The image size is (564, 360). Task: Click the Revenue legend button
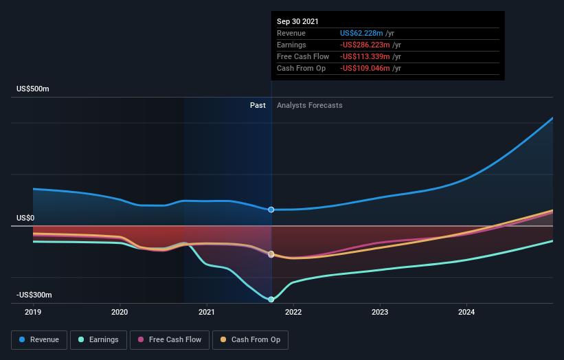(x=40, y=339)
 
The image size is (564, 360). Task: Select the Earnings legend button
(x=98, y=339)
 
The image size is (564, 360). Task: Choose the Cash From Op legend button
(x=250, y=339)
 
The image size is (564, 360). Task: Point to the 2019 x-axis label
(x=33, y=312)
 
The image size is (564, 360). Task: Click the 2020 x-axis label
(x=120, y=312)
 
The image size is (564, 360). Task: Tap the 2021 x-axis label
(x=207, y=312)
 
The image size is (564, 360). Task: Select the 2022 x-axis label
(x=293, y=312)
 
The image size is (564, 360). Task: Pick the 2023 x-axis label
(x=380, y=312)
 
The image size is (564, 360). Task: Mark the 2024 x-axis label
(x=466, y=312)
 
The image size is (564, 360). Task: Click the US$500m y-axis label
(x=33, y=89)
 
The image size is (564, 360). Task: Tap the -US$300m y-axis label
(x=34, y=295)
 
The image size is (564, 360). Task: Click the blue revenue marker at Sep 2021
(x=271, y=210)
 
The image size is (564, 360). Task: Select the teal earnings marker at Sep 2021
(x=271, y=300)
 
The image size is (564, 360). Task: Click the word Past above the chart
(x=258, y=105)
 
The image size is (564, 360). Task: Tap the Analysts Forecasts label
(x=309, y=105)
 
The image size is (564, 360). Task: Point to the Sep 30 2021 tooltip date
(x=297, y=22)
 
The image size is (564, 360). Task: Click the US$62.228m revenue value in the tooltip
(x=362, y=33)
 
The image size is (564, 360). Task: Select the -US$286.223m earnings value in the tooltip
(x=364, y=45)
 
